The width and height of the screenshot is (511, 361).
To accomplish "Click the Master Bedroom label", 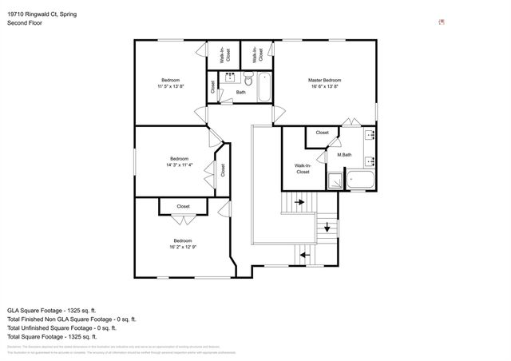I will point(325,80).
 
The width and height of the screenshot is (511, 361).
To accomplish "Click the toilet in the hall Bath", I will point(248,81).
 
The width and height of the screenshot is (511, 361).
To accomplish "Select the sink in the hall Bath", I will point(230,78).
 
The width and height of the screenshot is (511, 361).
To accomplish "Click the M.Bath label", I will point(343,155).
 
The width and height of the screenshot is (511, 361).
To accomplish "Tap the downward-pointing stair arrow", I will point(327,228).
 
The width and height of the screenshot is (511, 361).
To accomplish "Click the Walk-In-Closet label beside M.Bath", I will point(303,169).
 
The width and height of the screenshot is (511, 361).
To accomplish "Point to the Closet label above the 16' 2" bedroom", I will point(183,207).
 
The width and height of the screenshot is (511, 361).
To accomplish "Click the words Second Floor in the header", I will point(25,23).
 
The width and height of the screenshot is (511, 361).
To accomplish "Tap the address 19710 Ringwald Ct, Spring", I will point(42,14).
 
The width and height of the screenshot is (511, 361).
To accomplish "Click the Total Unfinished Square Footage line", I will point(61,327).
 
